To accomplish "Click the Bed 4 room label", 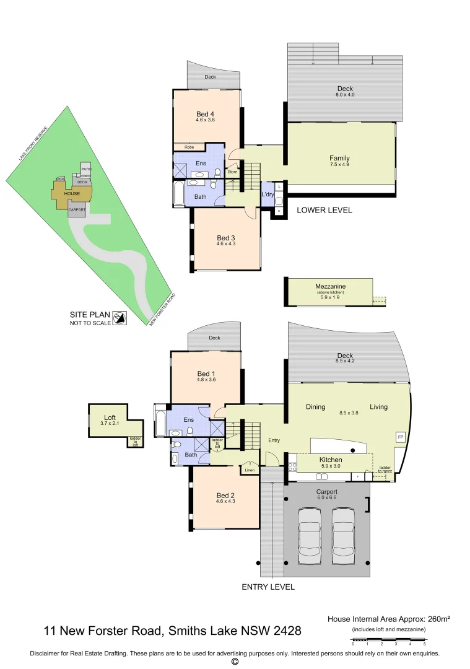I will point(205,113).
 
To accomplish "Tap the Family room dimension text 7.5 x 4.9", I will point(339,165).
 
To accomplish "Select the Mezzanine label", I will point(329,286).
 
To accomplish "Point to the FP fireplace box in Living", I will point(400,437).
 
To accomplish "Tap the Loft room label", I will point(110,417).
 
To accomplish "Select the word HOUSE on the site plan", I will point(72,194).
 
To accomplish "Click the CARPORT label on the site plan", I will point(77,210).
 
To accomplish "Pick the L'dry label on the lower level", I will point(268,195).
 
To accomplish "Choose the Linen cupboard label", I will point(250,470).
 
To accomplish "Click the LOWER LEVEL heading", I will point(324,210).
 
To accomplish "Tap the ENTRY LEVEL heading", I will point(268,587).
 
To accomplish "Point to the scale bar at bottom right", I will point(388,639).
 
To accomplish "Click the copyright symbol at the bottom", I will point(235,662).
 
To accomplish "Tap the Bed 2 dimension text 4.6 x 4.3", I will point(225,502).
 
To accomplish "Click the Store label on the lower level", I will point(232,172).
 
